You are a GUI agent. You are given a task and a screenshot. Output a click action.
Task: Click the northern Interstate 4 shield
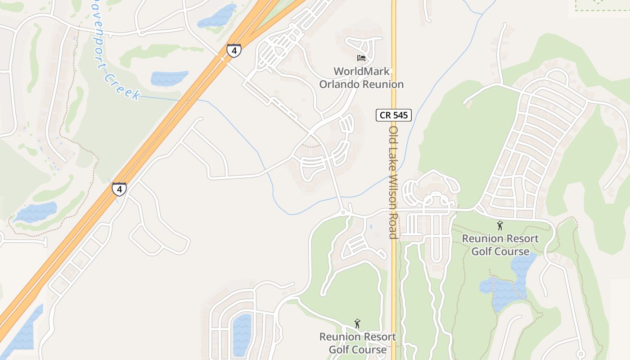click(x=234, y=50)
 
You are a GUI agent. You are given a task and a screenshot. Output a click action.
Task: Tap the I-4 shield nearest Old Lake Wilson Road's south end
click(x=119, y=189)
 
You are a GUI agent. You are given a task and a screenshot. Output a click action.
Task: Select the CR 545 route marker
click(x=394, y=115)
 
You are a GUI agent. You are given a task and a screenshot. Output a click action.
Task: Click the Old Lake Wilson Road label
click(x=393, y=182)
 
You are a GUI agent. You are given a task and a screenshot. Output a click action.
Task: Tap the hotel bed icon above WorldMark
click(x=361, y=58)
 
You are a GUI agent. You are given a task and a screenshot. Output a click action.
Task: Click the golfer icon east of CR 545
click(x=500, y=225)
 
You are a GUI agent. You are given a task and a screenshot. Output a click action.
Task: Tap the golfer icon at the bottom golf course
click(x=357, y=324)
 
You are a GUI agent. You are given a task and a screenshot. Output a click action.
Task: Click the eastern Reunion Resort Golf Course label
click(x=500, y=245)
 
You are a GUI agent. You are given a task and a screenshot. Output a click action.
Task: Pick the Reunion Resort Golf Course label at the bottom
click(x=358, y=343)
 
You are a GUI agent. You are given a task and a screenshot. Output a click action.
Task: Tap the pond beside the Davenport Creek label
click(x=169, y=78)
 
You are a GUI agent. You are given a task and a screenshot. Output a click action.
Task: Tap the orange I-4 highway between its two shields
click(x=175, y=119)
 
